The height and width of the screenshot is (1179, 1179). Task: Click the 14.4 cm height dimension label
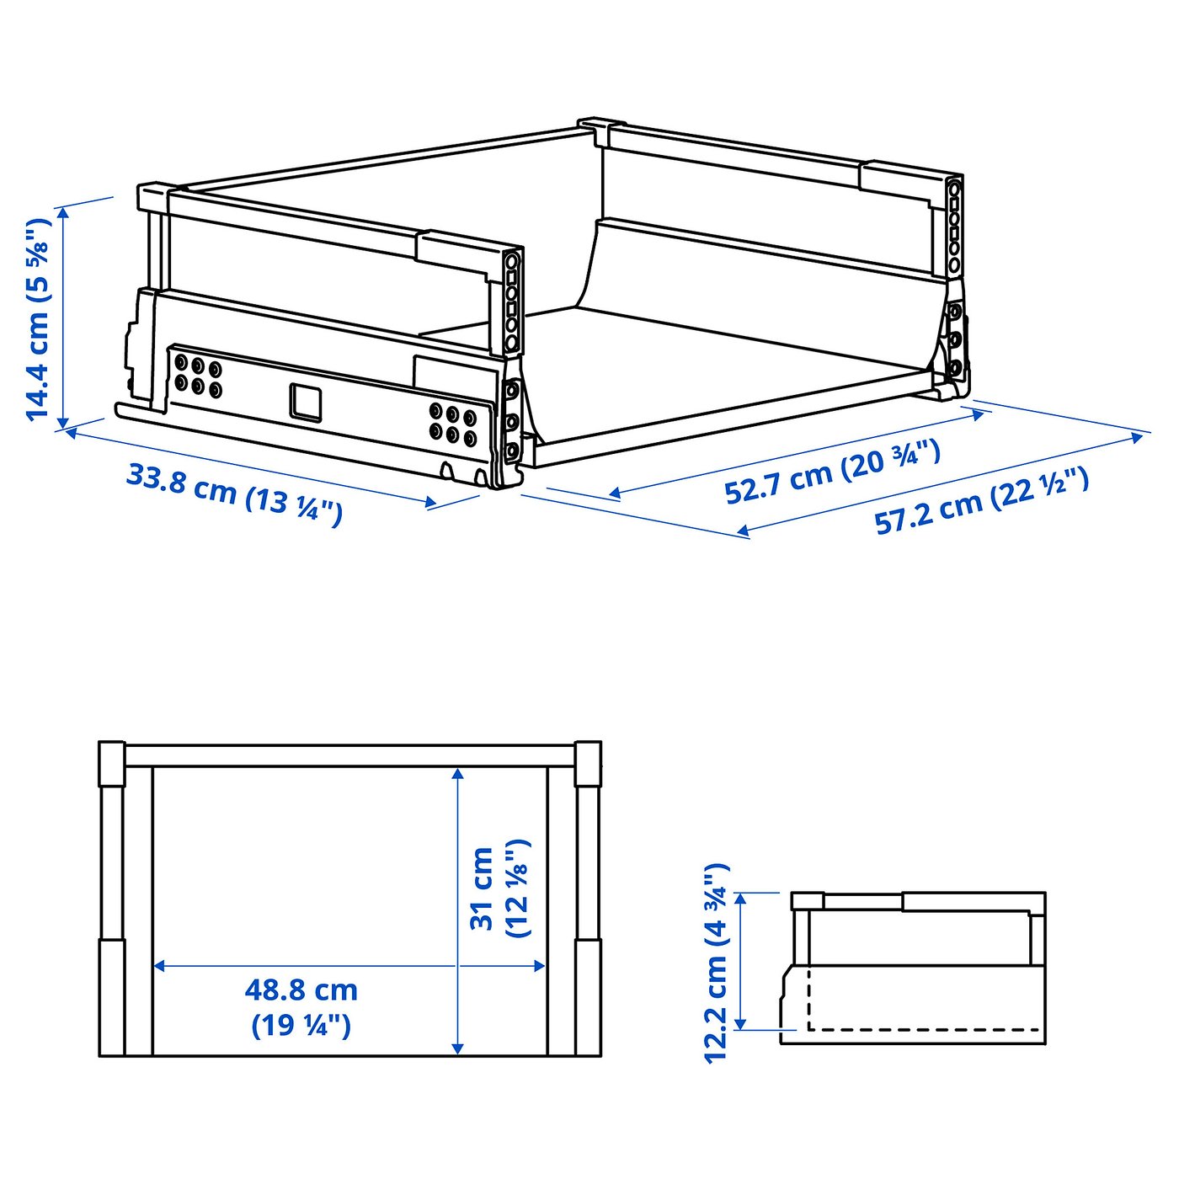pos(37,318)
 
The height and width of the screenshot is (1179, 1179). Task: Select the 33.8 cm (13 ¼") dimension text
pos(234,495)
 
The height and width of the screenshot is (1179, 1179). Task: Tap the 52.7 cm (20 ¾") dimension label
pos(832,471)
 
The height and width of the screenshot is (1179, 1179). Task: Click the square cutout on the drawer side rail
pos(306,401)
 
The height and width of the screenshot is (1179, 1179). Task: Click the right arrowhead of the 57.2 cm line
pos(1137,436)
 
